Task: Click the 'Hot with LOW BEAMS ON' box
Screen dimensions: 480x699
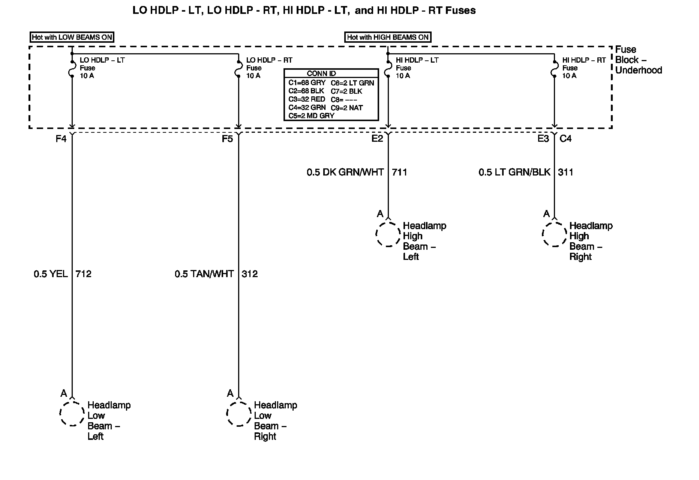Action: (72, 37)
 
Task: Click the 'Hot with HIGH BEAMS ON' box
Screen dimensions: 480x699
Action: (388, 37)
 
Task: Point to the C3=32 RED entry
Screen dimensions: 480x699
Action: (307, 99)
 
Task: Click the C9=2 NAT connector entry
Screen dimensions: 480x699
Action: (347, 108)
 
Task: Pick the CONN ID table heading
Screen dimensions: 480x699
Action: (321, 73)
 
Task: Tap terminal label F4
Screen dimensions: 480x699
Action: (61, 139)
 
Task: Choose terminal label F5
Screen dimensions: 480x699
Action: (227, 139)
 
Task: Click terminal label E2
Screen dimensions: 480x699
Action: (377, 139)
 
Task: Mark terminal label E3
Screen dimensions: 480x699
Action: (543, 139)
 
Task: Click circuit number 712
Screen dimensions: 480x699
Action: (83, 274)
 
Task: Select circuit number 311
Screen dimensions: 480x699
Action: (565, 172)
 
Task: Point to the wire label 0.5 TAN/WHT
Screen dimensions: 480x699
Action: (204, 274)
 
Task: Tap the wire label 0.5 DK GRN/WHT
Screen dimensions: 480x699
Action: (345, 172)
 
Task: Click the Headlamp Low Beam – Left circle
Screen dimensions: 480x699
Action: (72, 414)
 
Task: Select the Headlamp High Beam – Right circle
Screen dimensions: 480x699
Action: (554, 234)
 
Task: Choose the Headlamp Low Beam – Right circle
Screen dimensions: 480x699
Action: (238, 414)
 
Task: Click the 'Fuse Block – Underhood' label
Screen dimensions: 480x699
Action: (638, 60)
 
